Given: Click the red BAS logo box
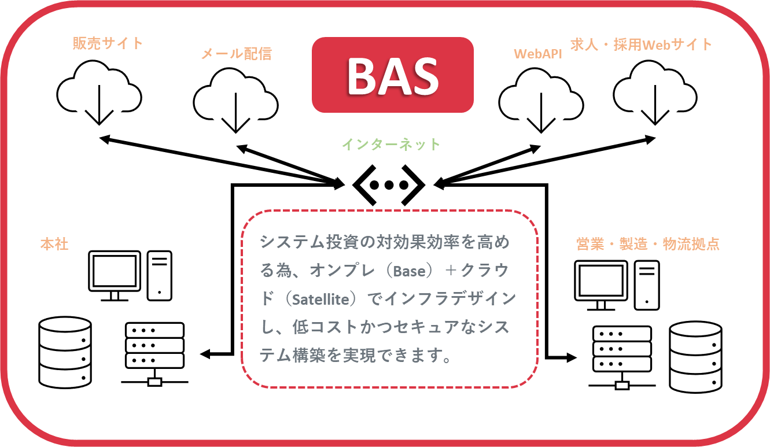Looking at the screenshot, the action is point(393,75).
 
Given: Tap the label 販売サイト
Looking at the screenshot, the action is point(108,43).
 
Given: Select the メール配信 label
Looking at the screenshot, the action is point(237,54).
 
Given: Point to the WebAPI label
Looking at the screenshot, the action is point(537,54).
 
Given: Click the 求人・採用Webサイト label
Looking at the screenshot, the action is point(641,45).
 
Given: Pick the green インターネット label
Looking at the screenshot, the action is point(391,145).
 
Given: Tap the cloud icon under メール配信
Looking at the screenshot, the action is point(236,100).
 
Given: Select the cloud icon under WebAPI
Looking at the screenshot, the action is point(541,100).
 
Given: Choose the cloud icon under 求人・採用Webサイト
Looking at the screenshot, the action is point(655,92).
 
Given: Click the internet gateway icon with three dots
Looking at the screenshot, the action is point(389,185).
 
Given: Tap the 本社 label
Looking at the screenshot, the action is point(54,244).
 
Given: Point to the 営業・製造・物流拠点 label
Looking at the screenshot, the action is point(648,244).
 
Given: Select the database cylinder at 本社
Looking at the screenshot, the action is point(65,353).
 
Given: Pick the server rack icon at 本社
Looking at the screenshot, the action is point(154,354).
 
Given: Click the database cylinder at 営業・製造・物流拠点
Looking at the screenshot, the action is point(695,357).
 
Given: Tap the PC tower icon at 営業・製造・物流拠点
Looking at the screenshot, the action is point(647,285).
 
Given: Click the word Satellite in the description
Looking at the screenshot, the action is point(320,300).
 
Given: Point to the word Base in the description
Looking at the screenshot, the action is point(409,271).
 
